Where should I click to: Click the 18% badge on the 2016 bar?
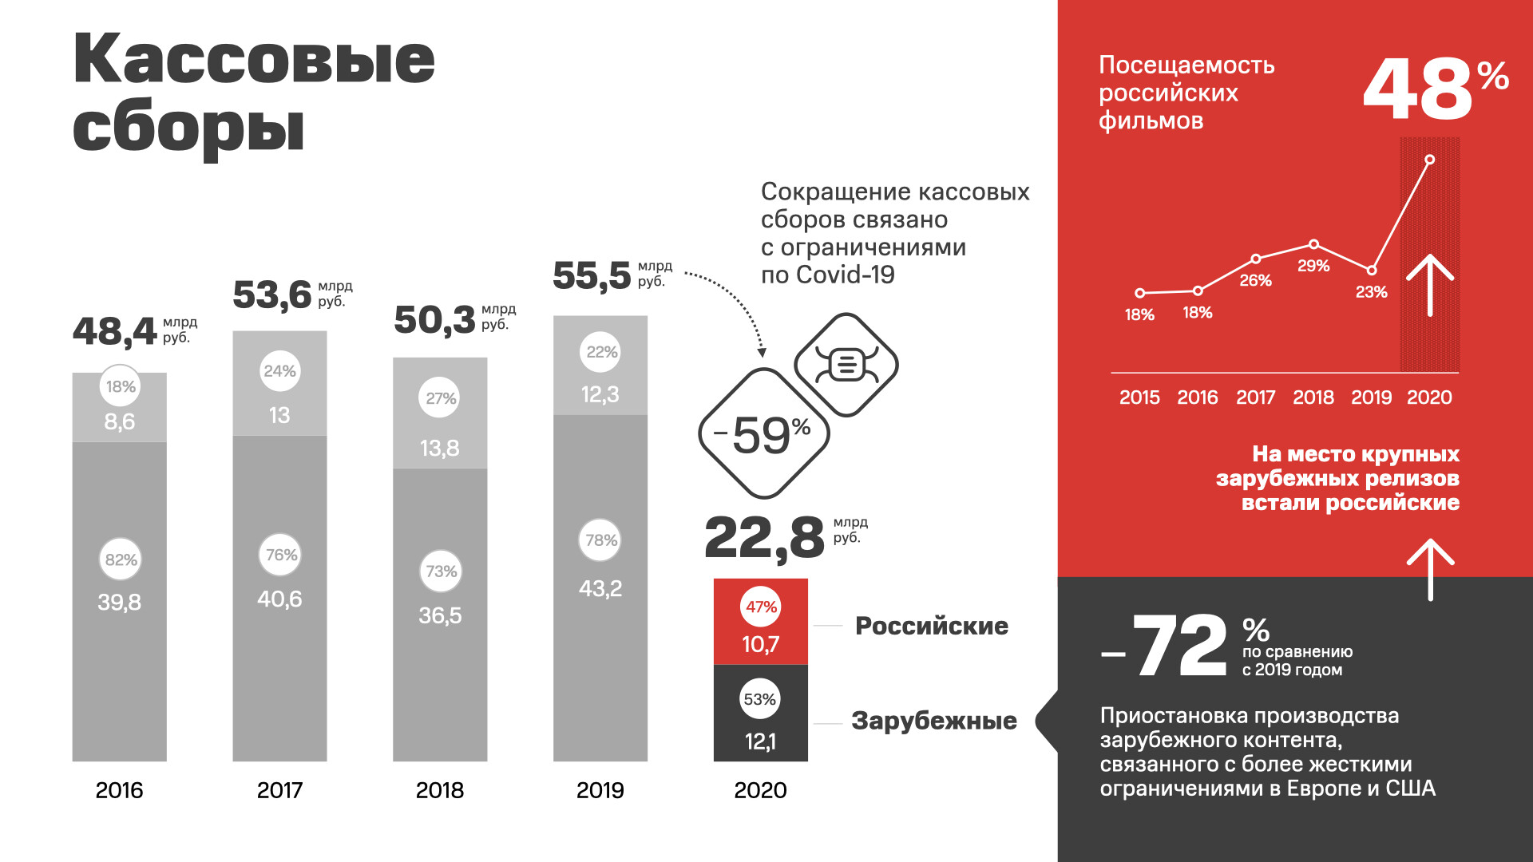click(x=121, y=386)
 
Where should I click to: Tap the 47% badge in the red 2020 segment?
click(x=761, y=607)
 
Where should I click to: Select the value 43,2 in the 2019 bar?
click(x=600, y=589)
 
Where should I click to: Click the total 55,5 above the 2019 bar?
click(x=592, y=276)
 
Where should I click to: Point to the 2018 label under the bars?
click(x=439, y=790)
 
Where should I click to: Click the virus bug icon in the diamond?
click(x=846, y=365)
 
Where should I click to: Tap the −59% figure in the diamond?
click(x=764, y=435)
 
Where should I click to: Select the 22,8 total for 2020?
click(x=764, y=538)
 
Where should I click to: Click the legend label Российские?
click(x=931, y=626)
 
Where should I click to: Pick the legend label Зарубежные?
click(x=933, y=721)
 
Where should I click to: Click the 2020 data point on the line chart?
click(x=1429, y=160)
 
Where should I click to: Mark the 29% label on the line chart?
click(x=1313, y=266)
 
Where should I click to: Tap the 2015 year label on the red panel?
click(x=1139, y=397)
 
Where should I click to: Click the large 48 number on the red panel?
click(x=1417, y=90)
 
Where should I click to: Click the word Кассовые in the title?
click(x=254, y=59)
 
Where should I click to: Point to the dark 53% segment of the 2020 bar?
click(x=760, y=713)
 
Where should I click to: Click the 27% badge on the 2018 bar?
click(x=440, y=398)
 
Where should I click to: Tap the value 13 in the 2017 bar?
click(x=279, y=415)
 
